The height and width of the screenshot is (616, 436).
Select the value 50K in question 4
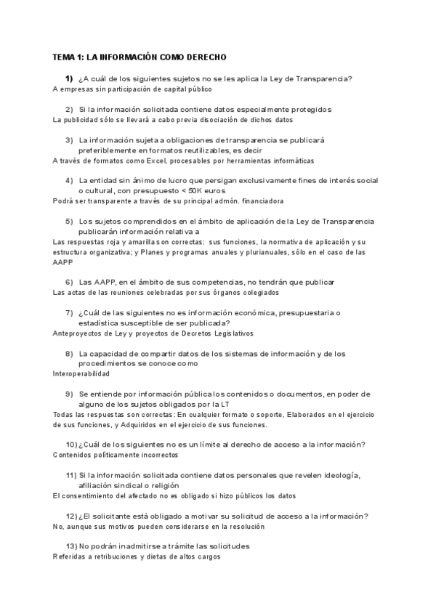point(235,190)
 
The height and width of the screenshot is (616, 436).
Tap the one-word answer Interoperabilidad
point(81,373)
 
